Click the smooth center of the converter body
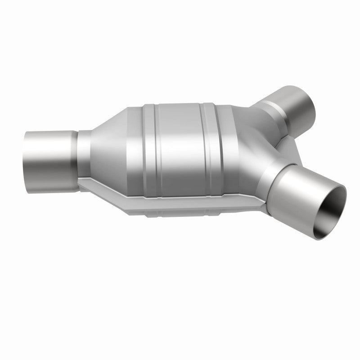[180, 148]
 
